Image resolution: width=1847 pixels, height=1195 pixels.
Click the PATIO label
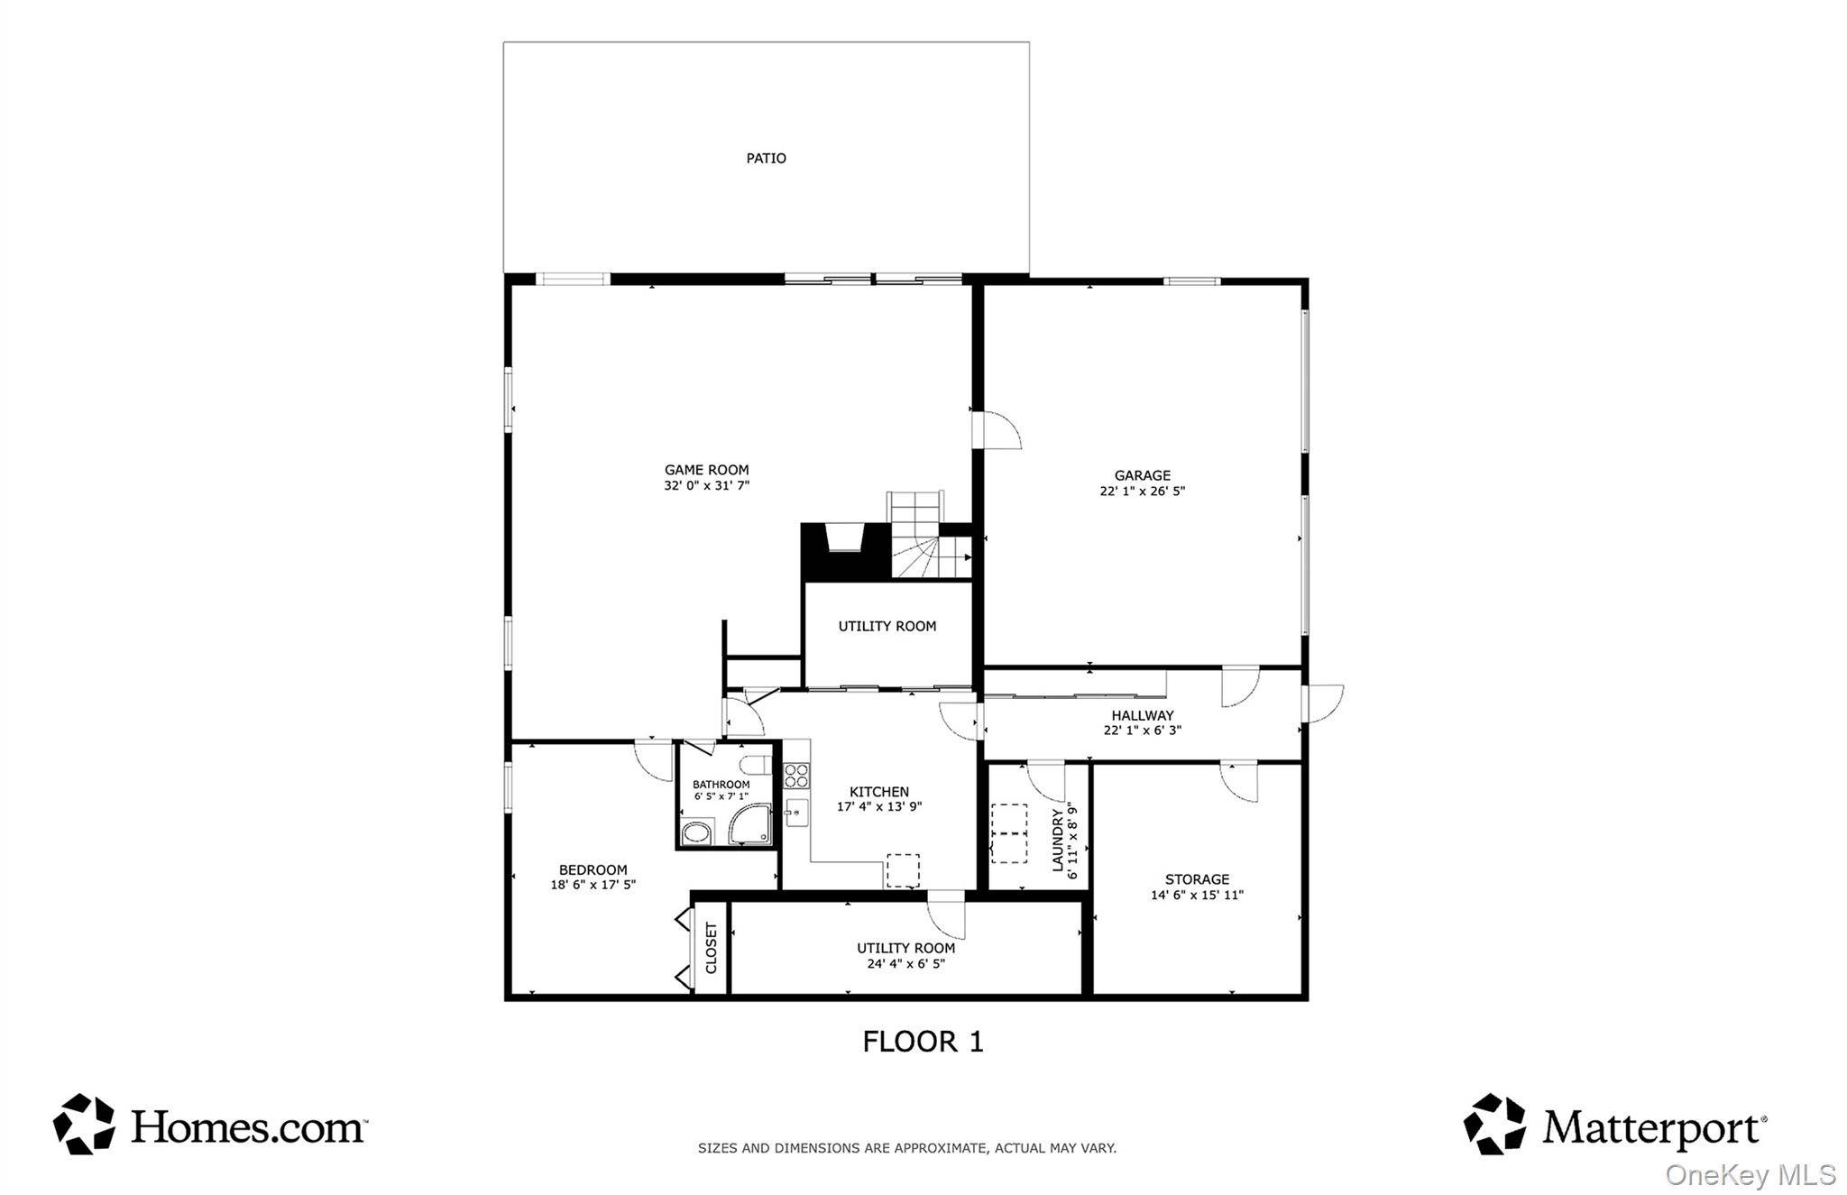click(x=766, y=158)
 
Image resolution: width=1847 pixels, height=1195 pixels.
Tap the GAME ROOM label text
click(x=706, y=469)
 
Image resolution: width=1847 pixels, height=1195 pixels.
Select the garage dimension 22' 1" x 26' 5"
click(x=1142, y=492)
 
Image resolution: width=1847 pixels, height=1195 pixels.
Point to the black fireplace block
click(x=845, y=552)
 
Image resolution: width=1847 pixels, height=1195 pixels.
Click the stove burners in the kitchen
click(x=796, y=776)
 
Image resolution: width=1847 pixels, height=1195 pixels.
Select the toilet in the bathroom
click(x=755, y=766)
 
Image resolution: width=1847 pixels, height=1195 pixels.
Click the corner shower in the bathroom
click(x=750, y=824)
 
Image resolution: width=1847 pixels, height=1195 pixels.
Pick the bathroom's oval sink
click(x=695, y=832)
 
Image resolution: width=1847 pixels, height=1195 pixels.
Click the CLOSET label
click(x=711, y=947)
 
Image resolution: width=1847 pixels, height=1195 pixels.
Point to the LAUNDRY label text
click(x=1058, y=840)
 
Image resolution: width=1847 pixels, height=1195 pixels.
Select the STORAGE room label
click(x=1197, y=878)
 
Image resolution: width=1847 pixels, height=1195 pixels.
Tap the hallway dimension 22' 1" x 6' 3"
click(x=1142, y=731)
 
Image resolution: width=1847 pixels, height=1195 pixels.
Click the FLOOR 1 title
click(x=923, y=1042)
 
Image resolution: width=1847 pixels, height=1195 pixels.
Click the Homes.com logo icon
click(x=84, y=1124)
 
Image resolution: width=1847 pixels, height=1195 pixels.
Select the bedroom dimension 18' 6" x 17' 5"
click(x=593, y=885)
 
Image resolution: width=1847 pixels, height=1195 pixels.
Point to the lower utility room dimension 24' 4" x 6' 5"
click(x=905, y=963)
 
